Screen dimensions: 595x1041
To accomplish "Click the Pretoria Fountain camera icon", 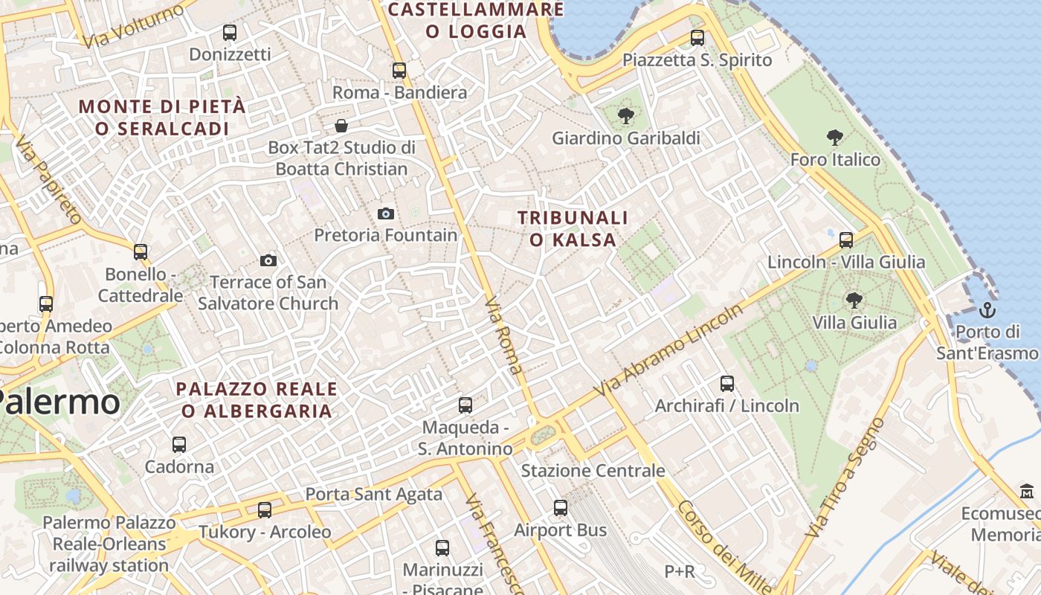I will (386, 214).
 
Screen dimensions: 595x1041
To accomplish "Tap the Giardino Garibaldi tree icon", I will (626, 115).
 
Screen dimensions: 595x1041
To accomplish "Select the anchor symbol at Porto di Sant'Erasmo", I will (987, 309).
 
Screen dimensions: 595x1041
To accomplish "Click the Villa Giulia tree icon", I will (854, 300).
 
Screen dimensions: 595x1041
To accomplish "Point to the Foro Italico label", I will (835, 159).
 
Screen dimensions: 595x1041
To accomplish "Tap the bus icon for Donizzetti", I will (230, 33).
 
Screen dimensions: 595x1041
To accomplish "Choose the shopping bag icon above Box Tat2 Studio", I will (341, 125).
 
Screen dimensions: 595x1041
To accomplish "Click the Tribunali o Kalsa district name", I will (573, 228).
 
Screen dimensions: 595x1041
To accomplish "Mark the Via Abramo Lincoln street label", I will (668, 350).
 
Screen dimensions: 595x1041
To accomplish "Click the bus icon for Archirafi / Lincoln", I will (727, 384).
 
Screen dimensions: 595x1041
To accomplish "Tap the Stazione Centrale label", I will (593, 471).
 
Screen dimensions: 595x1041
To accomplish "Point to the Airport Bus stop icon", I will (561, 508).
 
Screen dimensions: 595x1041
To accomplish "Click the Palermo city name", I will (59, 402).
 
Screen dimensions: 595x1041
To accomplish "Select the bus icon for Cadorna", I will (179, 445).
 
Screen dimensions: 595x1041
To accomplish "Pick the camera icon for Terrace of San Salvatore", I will (268, 260).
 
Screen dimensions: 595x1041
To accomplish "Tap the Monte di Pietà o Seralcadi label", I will (161, 118).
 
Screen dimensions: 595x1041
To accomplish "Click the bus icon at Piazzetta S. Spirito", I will (697, 38).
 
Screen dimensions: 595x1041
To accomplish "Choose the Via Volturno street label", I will (134, 26).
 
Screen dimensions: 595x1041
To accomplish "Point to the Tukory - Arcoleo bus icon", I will (265, 510).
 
